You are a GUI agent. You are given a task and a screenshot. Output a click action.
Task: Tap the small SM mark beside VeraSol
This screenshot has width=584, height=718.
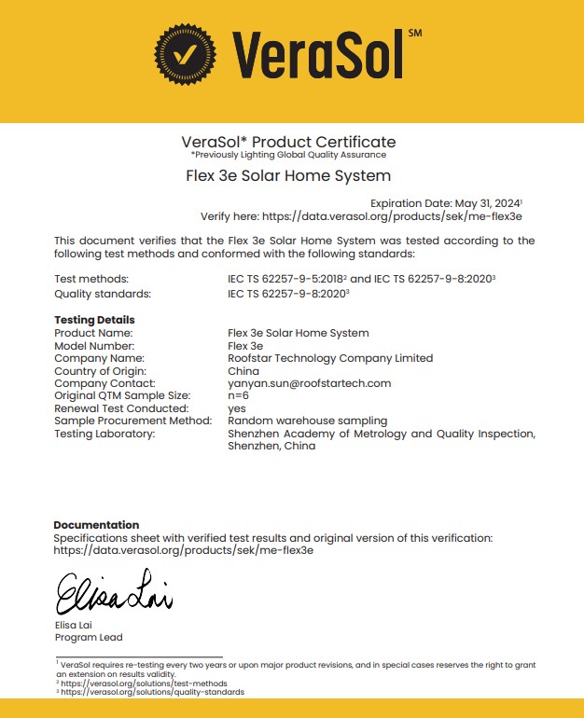[415, 34]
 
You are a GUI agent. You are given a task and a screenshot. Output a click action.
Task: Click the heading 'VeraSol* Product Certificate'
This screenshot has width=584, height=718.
[288, 142]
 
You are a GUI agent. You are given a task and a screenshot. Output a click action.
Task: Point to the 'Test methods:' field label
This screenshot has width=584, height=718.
[91, 279]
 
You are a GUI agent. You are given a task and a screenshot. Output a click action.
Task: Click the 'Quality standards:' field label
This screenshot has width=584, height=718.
[102, 293]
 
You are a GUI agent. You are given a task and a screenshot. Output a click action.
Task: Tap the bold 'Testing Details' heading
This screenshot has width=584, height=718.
[94, 320]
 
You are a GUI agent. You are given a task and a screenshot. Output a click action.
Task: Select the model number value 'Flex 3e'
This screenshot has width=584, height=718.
[245, 346]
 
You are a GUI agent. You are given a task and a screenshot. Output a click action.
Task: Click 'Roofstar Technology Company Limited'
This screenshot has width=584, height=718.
[330, 358]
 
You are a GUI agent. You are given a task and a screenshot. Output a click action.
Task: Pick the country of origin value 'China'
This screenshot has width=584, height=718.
[243, 371]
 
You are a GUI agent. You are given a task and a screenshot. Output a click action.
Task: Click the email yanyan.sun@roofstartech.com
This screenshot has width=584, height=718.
[309, 383]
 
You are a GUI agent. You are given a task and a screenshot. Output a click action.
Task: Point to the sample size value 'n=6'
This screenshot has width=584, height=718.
[238, 396]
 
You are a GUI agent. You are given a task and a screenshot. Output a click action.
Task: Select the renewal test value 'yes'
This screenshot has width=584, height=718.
[237, 408]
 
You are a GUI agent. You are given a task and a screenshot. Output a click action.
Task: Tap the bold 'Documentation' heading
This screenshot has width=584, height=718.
[96, 525]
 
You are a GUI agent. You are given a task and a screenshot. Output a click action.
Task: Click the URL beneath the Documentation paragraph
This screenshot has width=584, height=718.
[183, 550]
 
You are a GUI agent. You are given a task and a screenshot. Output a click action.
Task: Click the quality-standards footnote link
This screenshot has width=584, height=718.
[153, 692]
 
